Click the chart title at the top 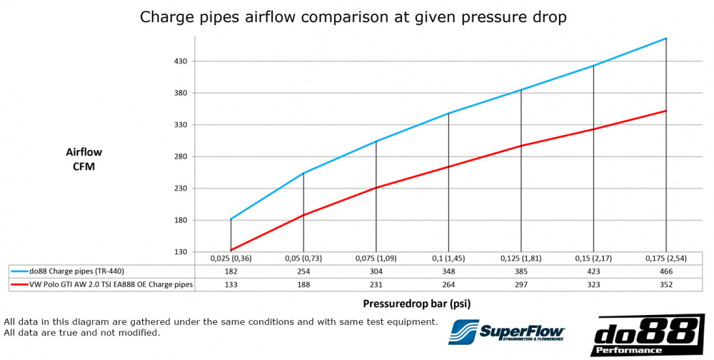353,17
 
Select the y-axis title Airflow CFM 84,159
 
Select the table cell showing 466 665,271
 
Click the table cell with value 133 231,284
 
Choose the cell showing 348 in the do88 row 448,271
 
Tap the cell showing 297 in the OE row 521,284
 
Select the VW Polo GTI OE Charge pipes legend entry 101,284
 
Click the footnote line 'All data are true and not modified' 82,333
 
